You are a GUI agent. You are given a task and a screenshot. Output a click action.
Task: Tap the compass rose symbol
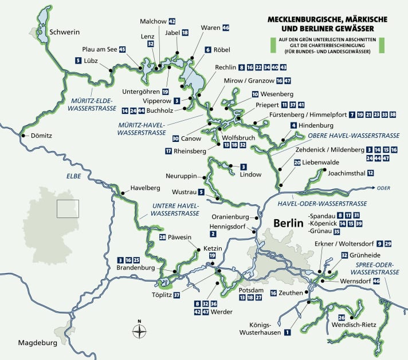(x=139, y=330)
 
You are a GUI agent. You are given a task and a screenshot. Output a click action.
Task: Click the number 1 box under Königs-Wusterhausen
(x=287, y=331)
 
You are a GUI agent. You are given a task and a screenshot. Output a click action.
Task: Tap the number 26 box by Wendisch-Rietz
(x=342, y=318)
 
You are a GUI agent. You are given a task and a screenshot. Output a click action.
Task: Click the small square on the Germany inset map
(x=66, y=208)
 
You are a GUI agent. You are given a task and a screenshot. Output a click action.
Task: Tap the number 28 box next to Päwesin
(x=163, y=238)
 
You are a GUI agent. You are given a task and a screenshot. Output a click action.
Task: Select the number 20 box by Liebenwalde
(x=297, y=163)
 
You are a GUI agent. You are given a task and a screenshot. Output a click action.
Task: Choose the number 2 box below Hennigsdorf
(x=213, y=234)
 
